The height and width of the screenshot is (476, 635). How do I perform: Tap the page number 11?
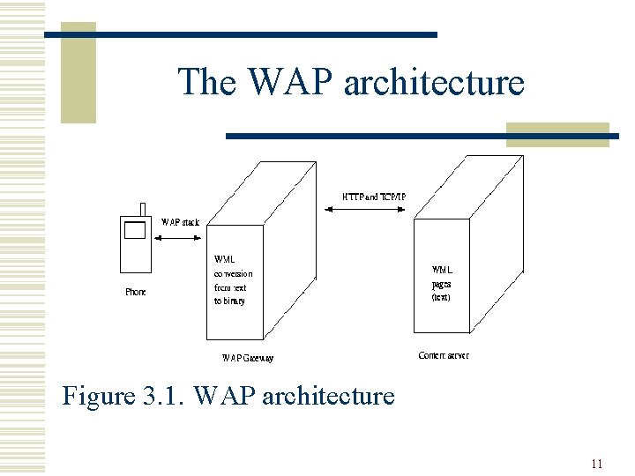(597, 464)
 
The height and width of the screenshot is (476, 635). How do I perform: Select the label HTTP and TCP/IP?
(374, 196)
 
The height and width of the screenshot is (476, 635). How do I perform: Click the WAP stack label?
(180, 221)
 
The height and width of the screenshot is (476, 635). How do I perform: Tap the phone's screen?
(134, 231)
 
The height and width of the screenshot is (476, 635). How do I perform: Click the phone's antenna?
(142, 209)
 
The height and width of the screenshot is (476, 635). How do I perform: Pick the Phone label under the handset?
(135, 292)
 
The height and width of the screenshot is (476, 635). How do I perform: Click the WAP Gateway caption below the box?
(247, 358)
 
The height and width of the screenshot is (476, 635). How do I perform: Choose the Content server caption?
(443, 355)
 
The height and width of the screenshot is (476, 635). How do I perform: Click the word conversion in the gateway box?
(233, 273)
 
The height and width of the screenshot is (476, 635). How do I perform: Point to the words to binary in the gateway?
(229, 301)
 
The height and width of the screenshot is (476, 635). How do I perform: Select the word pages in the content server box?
(441, 284)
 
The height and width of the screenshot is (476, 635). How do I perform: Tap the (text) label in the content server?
(441, 297)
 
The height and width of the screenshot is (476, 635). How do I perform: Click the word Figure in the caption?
(97, 397)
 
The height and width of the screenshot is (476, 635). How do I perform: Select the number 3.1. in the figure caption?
(161, 397)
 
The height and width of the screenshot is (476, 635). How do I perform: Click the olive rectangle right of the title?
(557, 134)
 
